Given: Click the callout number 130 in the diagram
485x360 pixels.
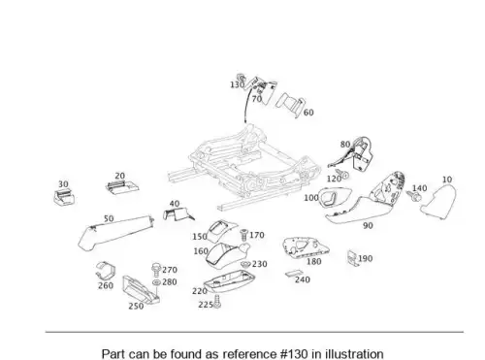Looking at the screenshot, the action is click(x=237, y=84).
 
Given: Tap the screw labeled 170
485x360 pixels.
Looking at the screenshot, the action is click(x=243, y=235).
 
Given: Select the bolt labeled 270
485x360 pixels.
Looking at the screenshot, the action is click(x=156, y=270).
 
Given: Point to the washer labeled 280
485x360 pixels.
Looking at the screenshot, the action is click(x=156, y=282).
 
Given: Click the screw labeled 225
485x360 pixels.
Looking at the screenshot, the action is click(x=217, y=302).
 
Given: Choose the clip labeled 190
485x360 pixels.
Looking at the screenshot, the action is click(x=353, y=258).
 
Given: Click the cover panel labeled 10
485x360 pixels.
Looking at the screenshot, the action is click(x=439, y=201).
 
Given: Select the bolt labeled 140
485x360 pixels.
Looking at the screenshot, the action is click(x=413, y=195).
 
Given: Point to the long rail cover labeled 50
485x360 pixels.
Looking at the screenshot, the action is click(x=115, y=232).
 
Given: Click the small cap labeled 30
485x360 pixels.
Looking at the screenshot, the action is click(x=64, y=197).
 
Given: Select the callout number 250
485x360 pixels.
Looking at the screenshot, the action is click(x=136, y=306).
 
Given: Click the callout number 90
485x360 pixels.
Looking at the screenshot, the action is click(x=368, y=225).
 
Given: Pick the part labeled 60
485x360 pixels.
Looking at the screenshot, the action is click(x=290, y=104).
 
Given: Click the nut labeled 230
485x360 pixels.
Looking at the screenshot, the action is click(x=245, y=264).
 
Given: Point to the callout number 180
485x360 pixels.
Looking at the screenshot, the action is click(x=313, y=261).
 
